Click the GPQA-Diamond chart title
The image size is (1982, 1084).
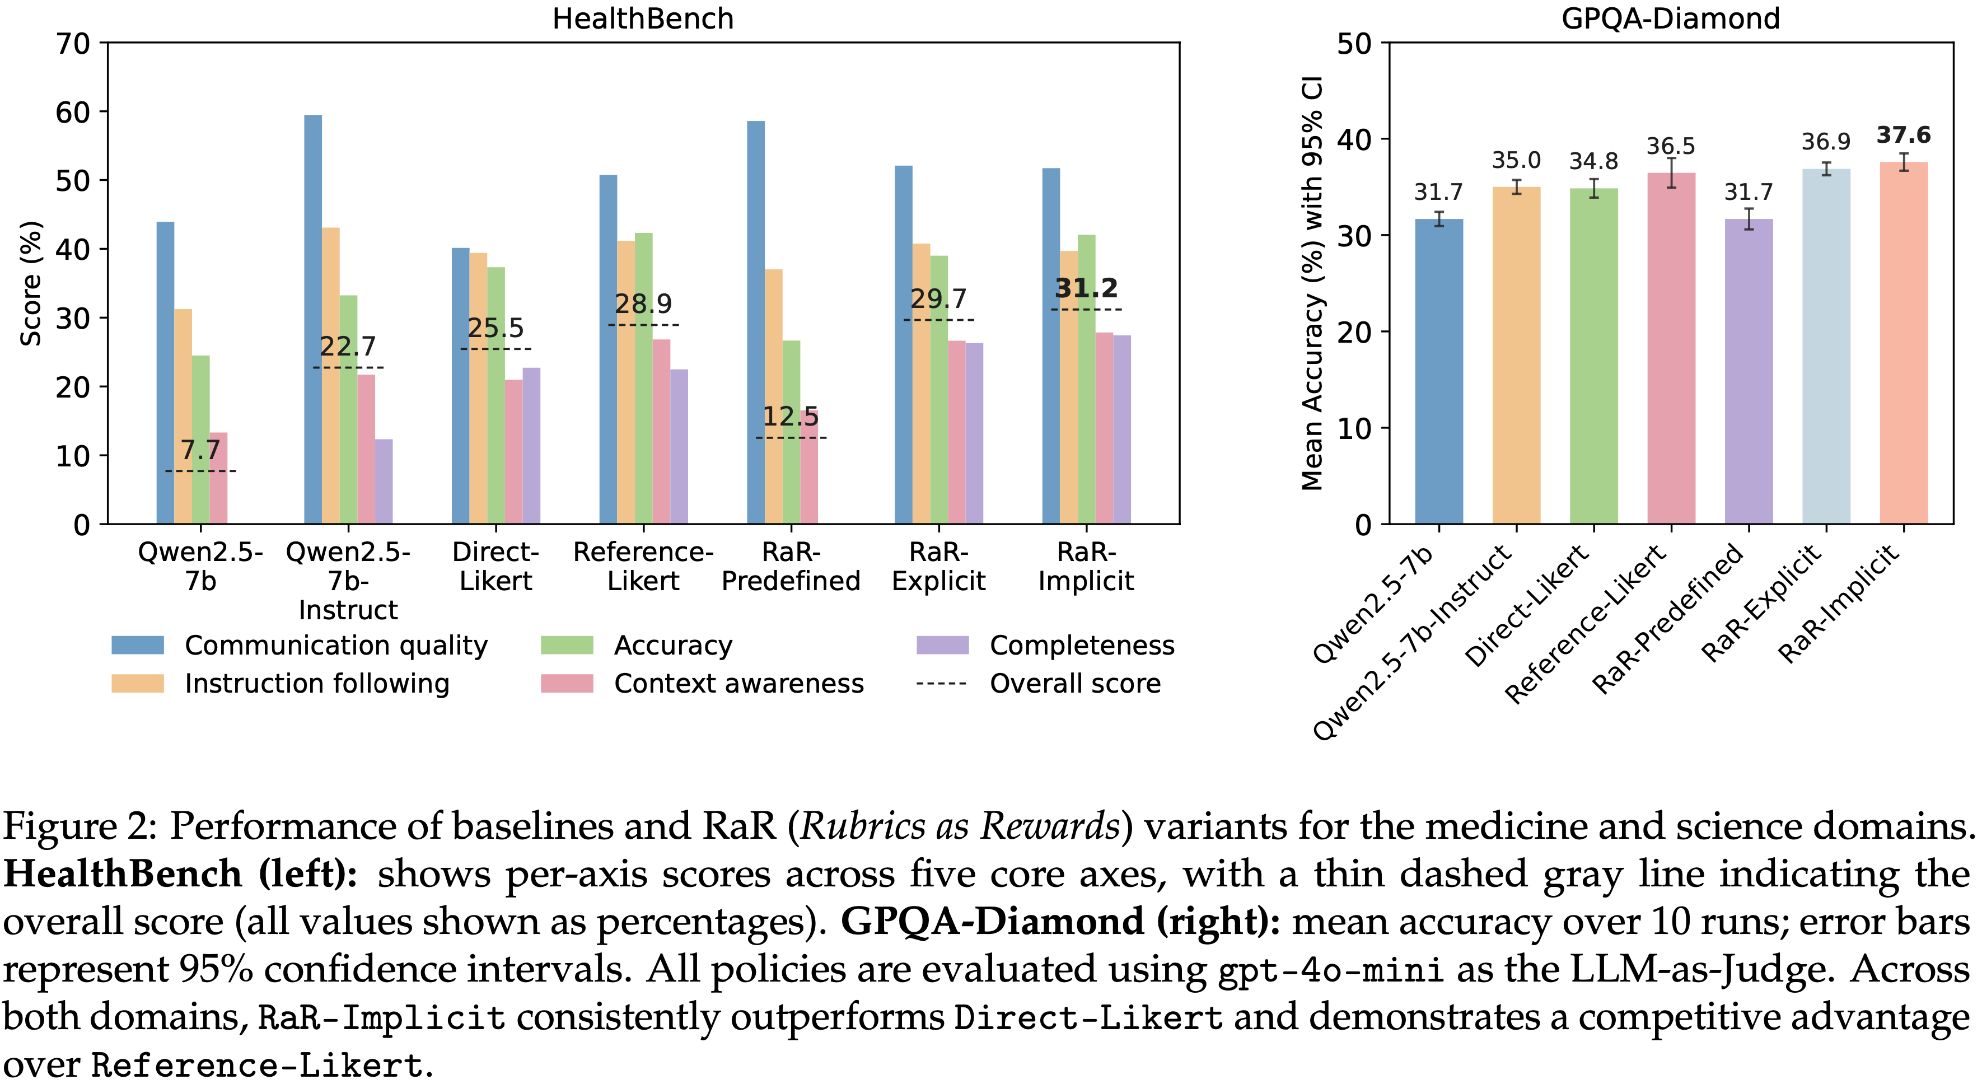[1670, 18]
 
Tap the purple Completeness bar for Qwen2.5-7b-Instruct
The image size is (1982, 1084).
[383, 482]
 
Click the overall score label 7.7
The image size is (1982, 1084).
[200, 450]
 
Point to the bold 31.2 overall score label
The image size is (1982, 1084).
[1086, 288]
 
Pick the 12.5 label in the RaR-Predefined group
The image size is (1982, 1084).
[790, 417]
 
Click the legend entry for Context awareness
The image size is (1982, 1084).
[738, 683]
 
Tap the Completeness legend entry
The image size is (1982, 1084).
[1081, 646]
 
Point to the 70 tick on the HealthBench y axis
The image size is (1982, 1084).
[73, 44]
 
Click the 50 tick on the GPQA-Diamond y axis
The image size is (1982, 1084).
[1354, 44]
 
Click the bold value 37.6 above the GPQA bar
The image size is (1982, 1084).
[1904, 135]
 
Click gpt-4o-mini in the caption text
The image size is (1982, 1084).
[1330, 970]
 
